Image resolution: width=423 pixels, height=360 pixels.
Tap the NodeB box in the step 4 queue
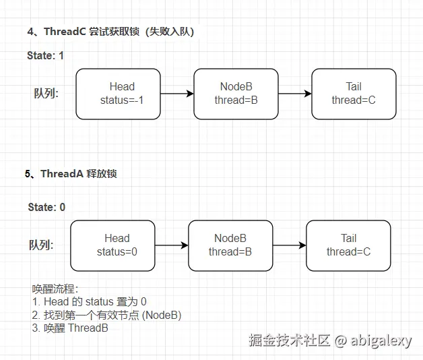pos(236,94)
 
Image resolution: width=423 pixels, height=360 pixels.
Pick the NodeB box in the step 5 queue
pos(230,245)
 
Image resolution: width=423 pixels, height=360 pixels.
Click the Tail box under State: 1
pos(354,94)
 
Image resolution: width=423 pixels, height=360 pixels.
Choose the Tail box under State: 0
pos(348,245)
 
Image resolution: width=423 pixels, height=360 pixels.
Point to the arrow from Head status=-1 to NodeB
pos(177,94)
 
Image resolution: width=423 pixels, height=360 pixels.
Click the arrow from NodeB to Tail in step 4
pos(295,94)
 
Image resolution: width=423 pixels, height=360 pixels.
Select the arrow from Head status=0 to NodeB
pos(172,245)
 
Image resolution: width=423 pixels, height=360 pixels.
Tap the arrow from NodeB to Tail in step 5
pos(290,245)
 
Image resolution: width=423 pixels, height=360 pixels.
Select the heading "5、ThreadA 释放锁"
pos(71,174)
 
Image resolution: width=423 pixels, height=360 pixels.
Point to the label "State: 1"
pos(45,56)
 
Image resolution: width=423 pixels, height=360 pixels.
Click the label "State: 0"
pos(46,207)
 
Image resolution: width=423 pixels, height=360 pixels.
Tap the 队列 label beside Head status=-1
pos(46,94)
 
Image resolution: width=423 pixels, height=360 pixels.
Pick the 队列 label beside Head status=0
pos(41,245)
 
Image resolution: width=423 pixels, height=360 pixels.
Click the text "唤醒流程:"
pos(55,289)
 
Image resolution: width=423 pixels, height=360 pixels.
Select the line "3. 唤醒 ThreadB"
pos(70,328)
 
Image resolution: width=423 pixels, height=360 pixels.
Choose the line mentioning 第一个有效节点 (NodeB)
pos(106,315)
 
